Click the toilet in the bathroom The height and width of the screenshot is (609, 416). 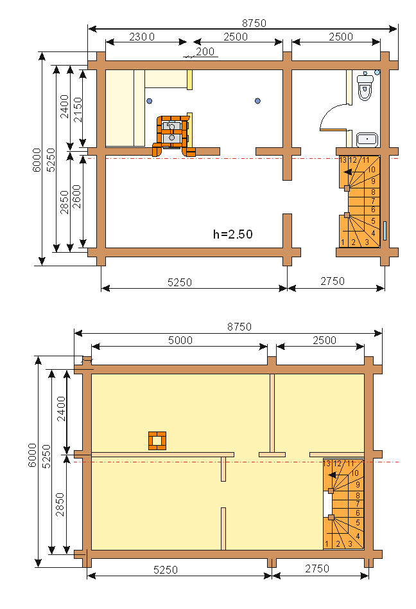point(365,86)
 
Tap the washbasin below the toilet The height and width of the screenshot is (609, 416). point(367,140)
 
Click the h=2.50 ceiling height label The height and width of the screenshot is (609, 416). point(232,234)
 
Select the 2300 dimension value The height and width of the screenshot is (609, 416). point(142,37)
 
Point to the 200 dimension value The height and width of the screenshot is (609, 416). point(205,51)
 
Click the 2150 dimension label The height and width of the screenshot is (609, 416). point(78,110)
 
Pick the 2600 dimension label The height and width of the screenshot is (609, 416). point(77,197)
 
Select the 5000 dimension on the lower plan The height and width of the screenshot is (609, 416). point(180,340)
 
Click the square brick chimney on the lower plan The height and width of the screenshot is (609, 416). point(157,441)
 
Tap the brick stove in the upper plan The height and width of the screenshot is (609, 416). point(173,136)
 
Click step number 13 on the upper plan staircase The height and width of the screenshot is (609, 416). point(343,160)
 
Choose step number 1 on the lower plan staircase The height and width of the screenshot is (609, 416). point(327,544)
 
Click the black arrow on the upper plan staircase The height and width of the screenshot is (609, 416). point(349,172)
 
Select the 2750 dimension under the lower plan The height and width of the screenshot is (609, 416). point(317,568)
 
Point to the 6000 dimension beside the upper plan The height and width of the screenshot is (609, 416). point(37,159)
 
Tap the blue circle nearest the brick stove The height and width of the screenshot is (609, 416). point(150,101)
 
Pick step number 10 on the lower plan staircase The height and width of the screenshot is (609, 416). point(355,473)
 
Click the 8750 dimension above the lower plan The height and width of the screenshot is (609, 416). point(239,327)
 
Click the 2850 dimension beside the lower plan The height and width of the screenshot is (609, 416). point(60,504)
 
